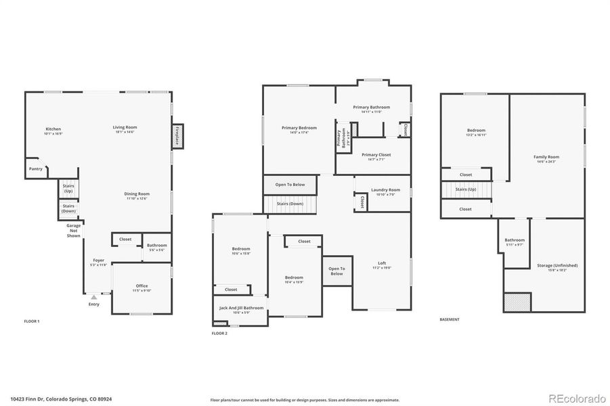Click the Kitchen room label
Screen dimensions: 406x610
click(53, 131)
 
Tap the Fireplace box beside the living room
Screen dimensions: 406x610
click(177, 135)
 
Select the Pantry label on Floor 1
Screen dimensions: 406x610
click(35, 168)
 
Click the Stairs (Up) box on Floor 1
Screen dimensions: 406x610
click(68, 188)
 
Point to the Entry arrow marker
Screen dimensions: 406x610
click(93, 296)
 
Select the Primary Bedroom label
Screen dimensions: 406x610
click(299, 129)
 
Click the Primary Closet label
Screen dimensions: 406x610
click(376, 156)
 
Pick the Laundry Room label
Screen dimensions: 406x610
click(386, 191)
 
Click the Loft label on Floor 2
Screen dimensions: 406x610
click(382, 265)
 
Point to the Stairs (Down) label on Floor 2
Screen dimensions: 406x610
click(290, 204)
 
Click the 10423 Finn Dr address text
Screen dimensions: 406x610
click(61, 399)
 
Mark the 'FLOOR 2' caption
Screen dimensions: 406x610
click(220, 334)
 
